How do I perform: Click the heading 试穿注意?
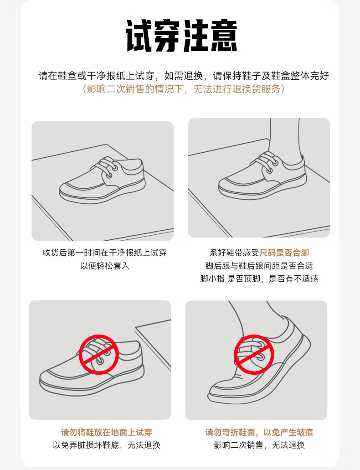tap(181, 36)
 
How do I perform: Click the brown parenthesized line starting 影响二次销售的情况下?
tap(183, 89)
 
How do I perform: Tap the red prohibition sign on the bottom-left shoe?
tap(99, 355)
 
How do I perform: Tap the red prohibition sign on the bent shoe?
tap(254, 355)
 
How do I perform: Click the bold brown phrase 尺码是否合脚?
tap(284, 253)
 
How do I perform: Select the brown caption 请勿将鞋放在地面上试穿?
tap(107, 432)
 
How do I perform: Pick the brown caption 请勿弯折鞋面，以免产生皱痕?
tap(259, 432)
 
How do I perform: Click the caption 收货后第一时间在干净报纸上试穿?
tap(105, 253)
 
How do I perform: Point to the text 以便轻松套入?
tap(105, 266)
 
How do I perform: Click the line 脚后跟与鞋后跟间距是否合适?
tap(259, 266)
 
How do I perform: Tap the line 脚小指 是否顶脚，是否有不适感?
tap(259, 279)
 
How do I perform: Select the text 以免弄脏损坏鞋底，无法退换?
tap(107, 445)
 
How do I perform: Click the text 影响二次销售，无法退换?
tap(259, 445)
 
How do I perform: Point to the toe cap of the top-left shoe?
tap(72, 189)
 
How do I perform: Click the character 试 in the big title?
tap(140, 36)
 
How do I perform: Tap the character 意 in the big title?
tap(224, 36)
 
